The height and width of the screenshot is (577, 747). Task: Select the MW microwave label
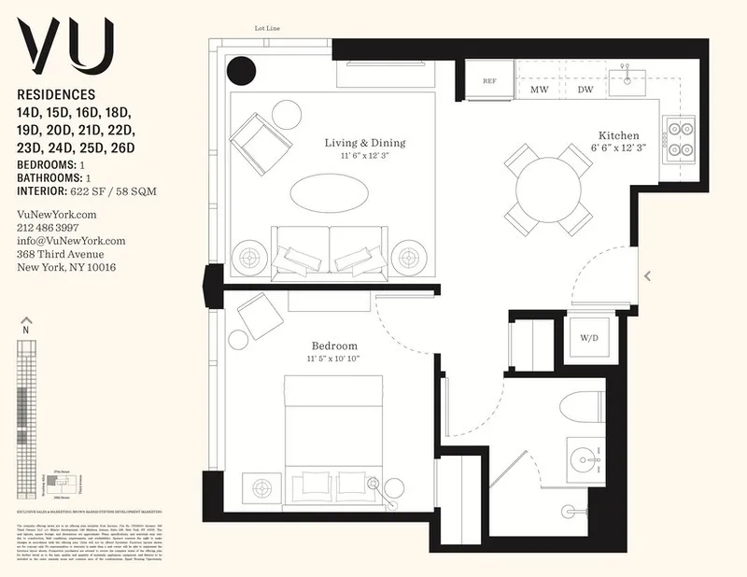[x=539, y=90]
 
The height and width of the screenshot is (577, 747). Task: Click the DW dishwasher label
[x=585, y=90]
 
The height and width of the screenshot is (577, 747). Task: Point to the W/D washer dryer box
[x=588, y=337]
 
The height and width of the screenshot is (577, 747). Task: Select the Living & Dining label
[x=365, y=143]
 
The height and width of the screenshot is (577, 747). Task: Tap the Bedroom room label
[x=334, y=346]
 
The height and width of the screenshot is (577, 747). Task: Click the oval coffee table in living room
[x=323, y=194]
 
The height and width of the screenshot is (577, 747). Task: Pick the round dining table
[x=549, y=189]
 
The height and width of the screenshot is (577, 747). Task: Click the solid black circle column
[x=243, y=70]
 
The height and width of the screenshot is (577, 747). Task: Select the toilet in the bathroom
[x=585, y=408]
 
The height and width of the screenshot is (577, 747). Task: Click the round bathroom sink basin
[x=585, y=459]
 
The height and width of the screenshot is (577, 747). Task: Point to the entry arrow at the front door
[x=648, y=275]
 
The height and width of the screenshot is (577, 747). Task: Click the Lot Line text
[x=268, y=28]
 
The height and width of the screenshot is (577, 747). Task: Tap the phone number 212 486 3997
[x=49, y=227]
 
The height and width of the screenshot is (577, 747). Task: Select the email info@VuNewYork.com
[x=71, y=240]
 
